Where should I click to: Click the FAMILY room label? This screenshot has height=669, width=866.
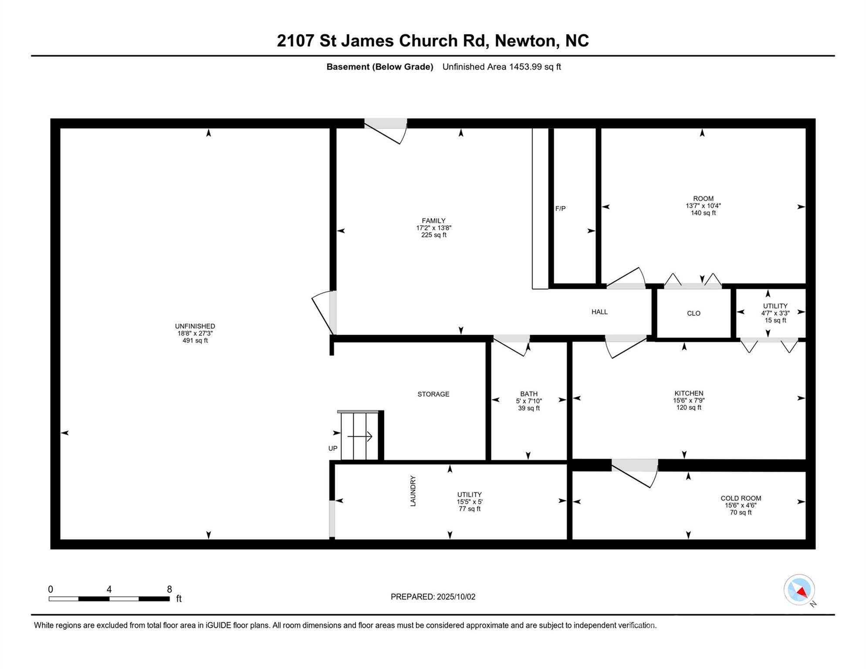[x=433, y=221]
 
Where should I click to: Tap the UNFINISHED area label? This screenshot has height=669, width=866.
[x=195, y=326]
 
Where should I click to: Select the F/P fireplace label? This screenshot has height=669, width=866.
[x=560, y=209]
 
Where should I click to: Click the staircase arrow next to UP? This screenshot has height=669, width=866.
[x=360, y=436]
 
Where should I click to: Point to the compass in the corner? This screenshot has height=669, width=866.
[x=799, y=590]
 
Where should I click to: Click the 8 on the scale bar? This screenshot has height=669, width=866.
[x=169, y=589]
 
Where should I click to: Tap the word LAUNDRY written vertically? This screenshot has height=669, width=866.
[x=413, y=491]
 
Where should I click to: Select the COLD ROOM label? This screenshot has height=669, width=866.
[x=741, y=498]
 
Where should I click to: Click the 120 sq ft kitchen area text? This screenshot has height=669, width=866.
[x=689, y=408]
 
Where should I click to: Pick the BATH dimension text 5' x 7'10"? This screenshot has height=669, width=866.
[x=528, y=401]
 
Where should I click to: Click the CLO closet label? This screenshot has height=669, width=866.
[x=693, y=314]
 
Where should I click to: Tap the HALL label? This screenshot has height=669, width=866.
[x=599, y=312]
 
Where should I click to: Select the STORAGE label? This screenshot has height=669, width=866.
[x=433, y=394]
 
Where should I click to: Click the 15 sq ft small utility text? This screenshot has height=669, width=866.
[x=775, y=320]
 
